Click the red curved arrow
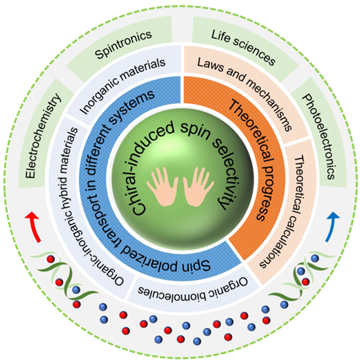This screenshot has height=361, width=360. (x=34, y=227)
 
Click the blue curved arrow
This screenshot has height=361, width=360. (x=330, y=227)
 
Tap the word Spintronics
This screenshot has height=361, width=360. (x=123, y=45)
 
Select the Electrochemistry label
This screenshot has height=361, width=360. (x=43, y=136)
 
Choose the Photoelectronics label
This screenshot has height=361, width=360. (x=319, y=136)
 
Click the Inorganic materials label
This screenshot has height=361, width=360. (x=123, y=86)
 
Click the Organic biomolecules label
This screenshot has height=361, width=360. (x=193, y=288)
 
